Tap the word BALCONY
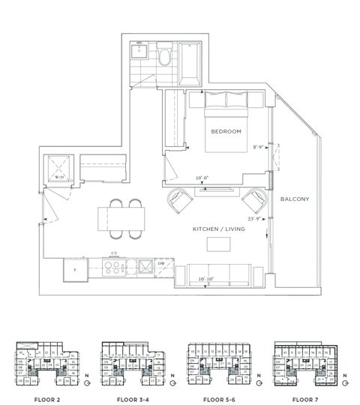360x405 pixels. pyautogui.click(x=293, y=199)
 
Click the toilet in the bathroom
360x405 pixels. pyautogui.click(x=163, y=58)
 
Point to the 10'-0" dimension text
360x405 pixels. pyautogui.click(x=202, y=178)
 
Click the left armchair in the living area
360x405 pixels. pyautogui.click(x=179, y=201)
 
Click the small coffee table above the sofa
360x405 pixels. pyautogui.click(x=218, y=245)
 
